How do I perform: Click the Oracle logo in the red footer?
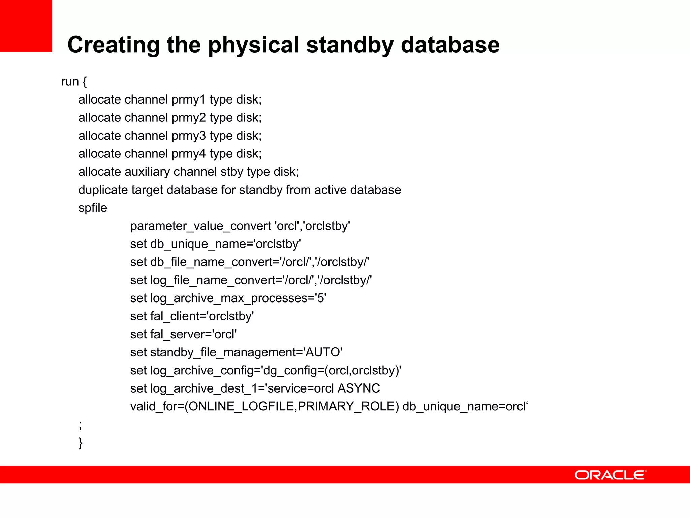coord(610,475)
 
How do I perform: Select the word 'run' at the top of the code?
coord(70,82)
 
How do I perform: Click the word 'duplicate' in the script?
coord(103,190)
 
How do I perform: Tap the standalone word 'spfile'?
coord(93,208)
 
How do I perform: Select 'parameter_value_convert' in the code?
coord(200,226)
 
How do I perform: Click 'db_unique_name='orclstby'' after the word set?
coord(225,244)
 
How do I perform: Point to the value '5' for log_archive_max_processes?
coord(320,298)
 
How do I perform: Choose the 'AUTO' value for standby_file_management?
coord(323,352)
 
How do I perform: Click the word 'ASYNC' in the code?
coord(358,388)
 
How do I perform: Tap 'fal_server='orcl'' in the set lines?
coord(193,334)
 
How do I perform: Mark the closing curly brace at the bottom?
coord(80,442)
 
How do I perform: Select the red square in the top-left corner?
coord(26,26)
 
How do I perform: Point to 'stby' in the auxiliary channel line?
coord(231,172)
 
